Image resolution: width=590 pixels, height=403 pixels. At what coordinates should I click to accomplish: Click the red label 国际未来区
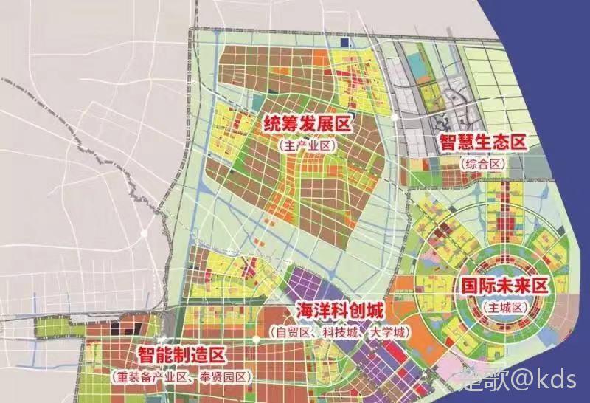(x=504, y=285)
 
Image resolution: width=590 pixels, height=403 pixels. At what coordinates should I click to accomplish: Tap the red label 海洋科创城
(x=339, y=310)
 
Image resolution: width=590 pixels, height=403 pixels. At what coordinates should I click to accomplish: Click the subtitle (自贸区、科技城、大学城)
(x=339, y=333)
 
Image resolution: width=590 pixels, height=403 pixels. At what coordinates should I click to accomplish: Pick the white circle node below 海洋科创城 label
(x=255, y=339)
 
